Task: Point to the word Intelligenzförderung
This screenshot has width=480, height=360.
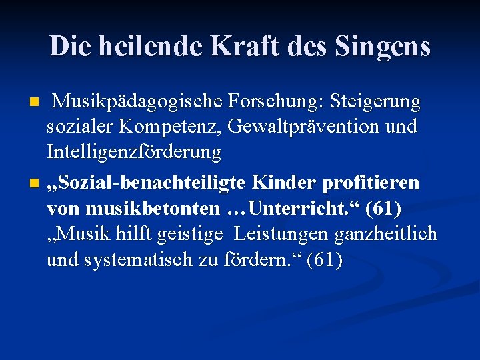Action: point(134,152)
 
